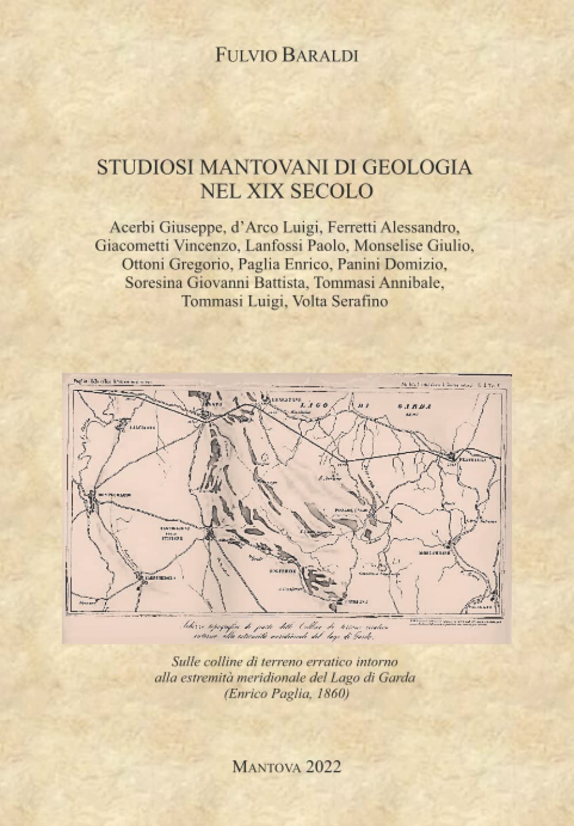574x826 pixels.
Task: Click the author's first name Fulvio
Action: (x=243, y=56)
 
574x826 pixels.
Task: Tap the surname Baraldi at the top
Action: (x=318, y=56)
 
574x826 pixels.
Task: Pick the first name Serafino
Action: (x=360, y=301)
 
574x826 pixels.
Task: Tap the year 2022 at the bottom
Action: (x=324, y=766)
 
